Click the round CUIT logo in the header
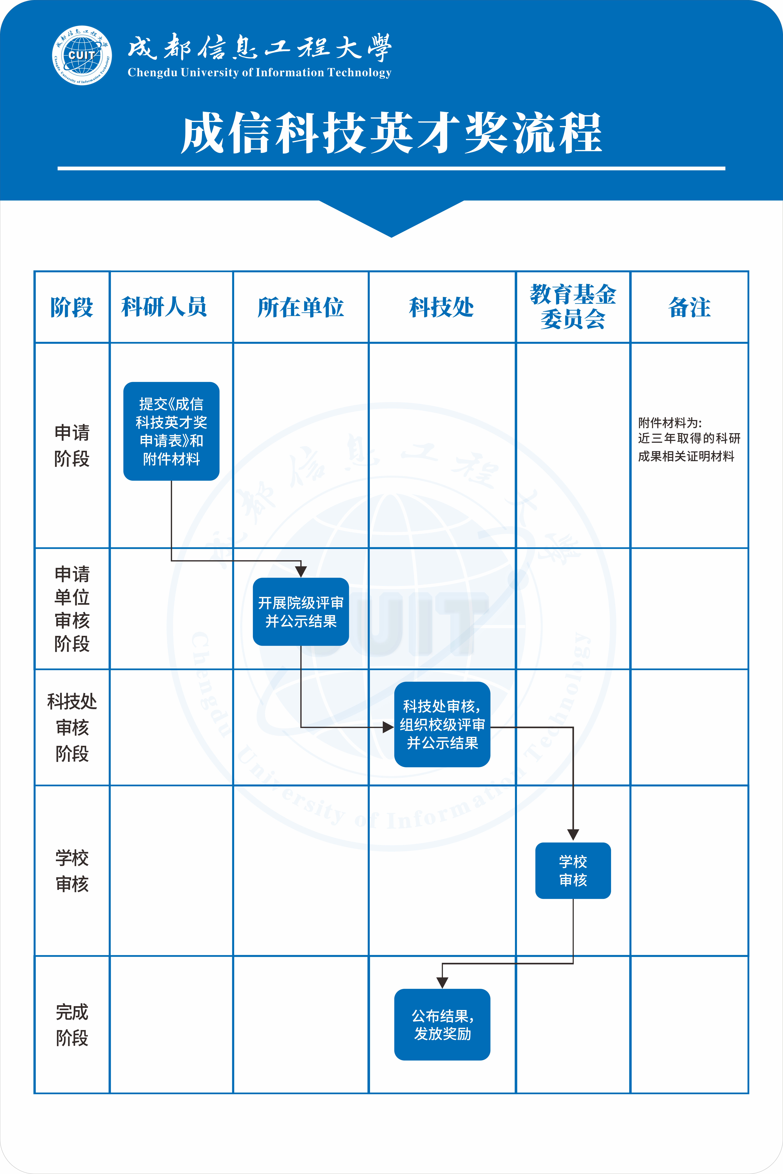coord(82,55)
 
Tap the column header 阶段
coord(72,307)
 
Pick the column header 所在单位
coord(301,307)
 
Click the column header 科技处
coord(441,307)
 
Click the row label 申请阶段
coord(72,445)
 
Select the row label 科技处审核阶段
coord(72,727)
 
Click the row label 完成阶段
coord(72,1025)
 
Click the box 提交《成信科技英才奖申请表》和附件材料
coord(171,431)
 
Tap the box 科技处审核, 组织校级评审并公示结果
coord(442,724)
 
